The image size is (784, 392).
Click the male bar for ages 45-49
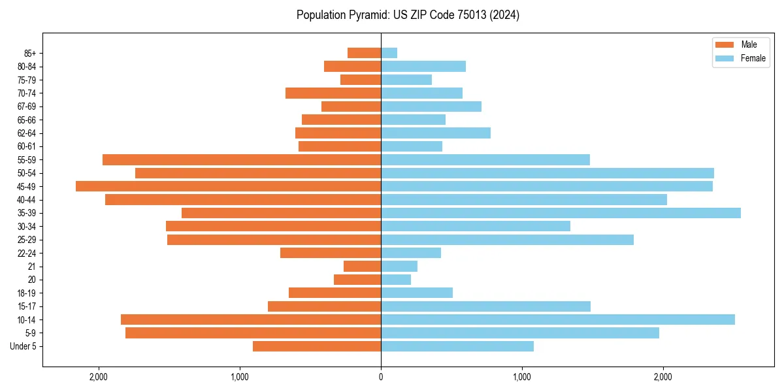coord(228,186)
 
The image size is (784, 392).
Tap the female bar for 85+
coord(389,53)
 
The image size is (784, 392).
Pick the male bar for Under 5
coord(317,346)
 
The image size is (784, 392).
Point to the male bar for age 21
coord(362,267)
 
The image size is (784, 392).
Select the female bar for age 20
coord(396,280)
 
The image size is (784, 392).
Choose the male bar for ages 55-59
coord(242,160)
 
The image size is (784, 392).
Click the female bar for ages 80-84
coord(423,67)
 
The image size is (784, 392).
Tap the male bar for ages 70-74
coord(333,93)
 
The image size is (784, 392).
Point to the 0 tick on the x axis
coord(381,377)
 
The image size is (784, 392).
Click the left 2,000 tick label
coord(99,377)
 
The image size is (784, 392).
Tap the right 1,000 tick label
coord(522,377)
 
